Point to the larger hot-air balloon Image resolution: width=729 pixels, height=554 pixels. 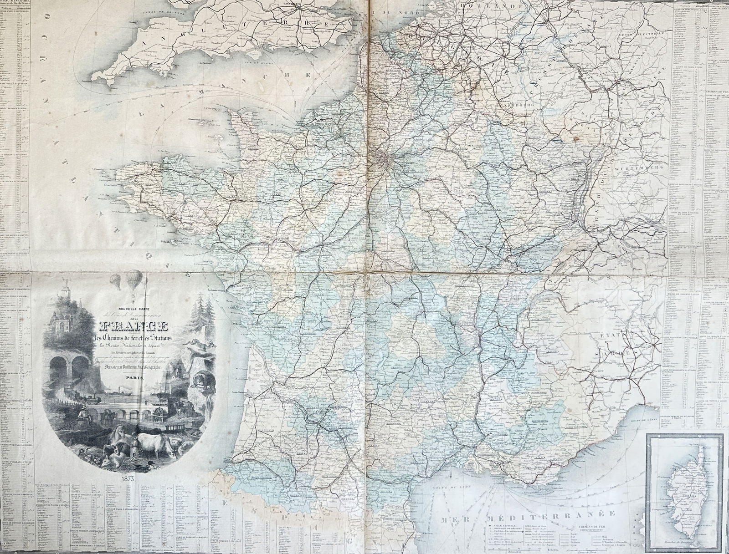click(133, 278)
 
